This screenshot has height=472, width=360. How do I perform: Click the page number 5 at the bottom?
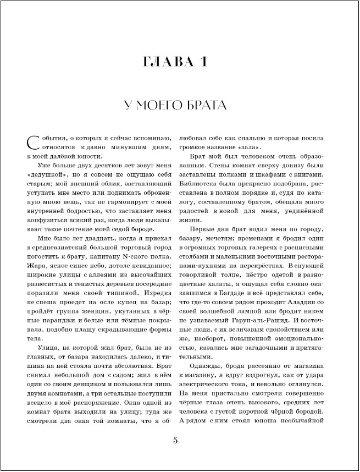pos(175,440)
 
